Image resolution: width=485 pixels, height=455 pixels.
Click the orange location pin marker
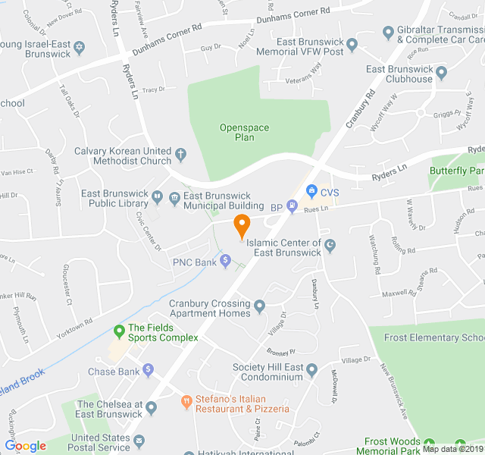242,225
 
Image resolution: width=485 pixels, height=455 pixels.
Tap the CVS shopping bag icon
311,191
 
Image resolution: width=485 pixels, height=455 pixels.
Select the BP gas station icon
293,206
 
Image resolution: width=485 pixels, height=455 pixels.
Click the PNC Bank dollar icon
225,262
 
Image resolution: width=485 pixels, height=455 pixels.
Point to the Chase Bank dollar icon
148,371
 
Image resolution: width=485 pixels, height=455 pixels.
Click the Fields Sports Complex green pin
119,331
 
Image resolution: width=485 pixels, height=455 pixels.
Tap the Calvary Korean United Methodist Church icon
180,155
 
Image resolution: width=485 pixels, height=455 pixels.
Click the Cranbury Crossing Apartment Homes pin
260,306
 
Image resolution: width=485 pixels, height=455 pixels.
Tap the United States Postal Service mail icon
139,440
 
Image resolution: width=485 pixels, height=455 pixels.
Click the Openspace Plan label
244,133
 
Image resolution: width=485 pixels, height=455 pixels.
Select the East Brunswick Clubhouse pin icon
441,74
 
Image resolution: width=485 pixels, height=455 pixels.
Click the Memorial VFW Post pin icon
351,46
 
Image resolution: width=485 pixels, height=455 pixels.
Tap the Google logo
25,446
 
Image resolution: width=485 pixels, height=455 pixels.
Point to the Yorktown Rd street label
74,327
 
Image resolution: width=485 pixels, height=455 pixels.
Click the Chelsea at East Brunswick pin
151,408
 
